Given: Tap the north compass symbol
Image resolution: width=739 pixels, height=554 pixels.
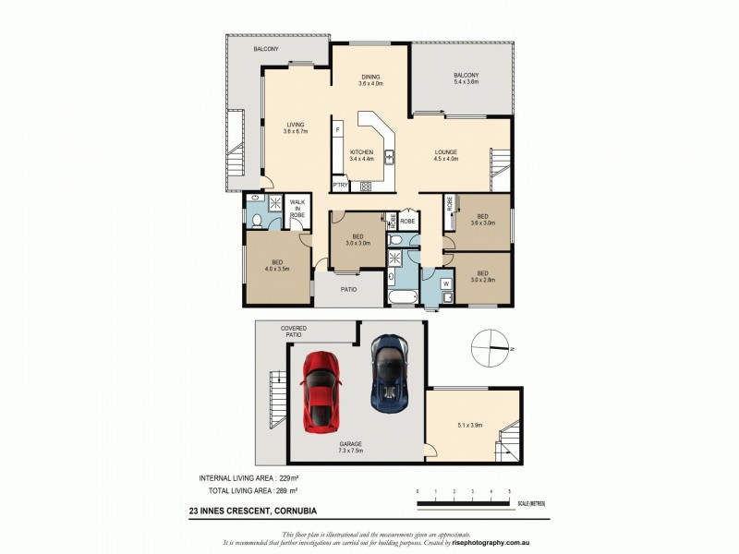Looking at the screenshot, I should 490,349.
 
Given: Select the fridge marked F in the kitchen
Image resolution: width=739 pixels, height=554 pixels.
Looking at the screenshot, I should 338,129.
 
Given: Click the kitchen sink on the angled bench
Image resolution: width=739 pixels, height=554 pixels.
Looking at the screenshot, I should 390,157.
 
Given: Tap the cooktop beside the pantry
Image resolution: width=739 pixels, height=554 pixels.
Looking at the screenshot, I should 365,186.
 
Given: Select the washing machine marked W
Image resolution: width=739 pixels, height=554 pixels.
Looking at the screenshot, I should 445,283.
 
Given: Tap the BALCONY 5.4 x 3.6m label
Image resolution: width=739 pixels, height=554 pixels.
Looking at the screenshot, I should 466,78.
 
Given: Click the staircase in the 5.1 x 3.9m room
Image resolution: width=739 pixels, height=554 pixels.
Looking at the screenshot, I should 508,444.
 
